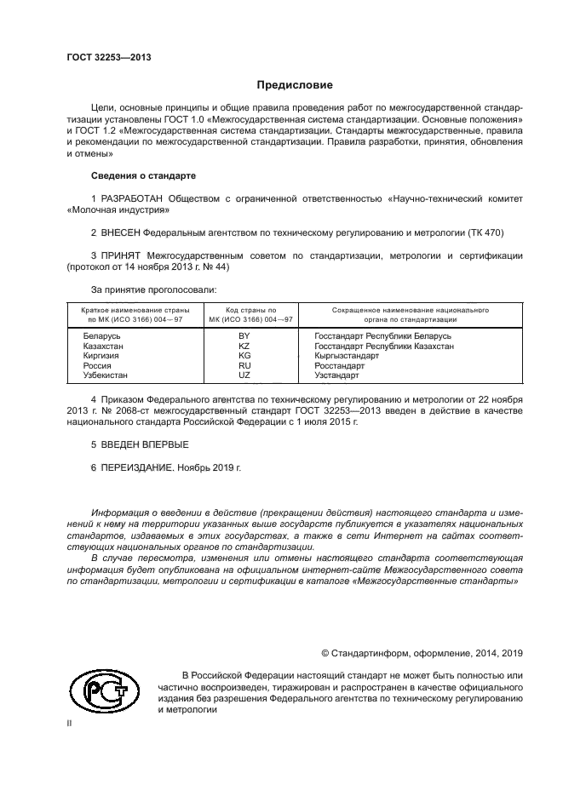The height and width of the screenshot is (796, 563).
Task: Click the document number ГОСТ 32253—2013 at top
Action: [108, 58]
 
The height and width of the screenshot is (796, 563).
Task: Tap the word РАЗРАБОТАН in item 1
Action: [132, 199]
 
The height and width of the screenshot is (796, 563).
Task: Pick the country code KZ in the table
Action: [244, 346]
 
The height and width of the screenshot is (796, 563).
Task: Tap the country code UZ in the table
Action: [244, 375]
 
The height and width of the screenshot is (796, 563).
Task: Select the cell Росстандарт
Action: [339, 366]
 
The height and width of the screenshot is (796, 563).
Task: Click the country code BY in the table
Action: [244, 336]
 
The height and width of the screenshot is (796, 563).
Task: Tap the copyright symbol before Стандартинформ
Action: [325, 653]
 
